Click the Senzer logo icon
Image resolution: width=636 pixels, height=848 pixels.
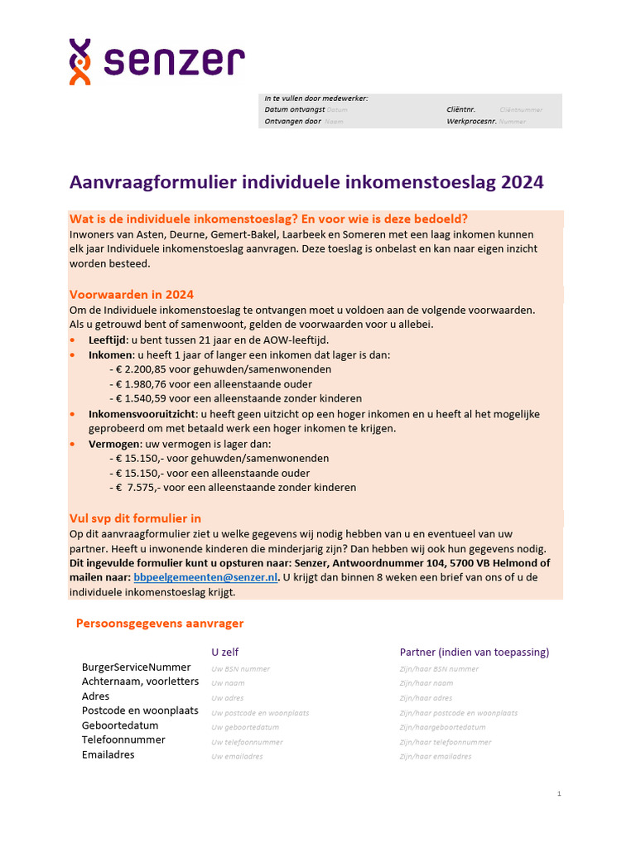[80, 62]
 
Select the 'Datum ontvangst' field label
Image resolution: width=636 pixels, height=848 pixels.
[294, 109]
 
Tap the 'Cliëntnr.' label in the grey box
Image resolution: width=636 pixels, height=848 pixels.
[460, 109]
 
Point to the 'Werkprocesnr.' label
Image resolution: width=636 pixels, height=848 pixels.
[470, 121]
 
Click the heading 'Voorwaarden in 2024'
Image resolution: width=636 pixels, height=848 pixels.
[132, 295]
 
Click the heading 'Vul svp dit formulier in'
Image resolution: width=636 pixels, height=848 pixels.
[135, 518]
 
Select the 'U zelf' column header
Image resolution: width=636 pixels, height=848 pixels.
[225, 652]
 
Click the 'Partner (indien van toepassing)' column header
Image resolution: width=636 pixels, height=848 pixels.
[475, 652]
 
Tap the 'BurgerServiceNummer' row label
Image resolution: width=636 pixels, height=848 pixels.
[136, 667]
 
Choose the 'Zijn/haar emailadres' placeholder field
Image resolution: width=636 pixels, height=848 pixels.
[436, 756]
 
